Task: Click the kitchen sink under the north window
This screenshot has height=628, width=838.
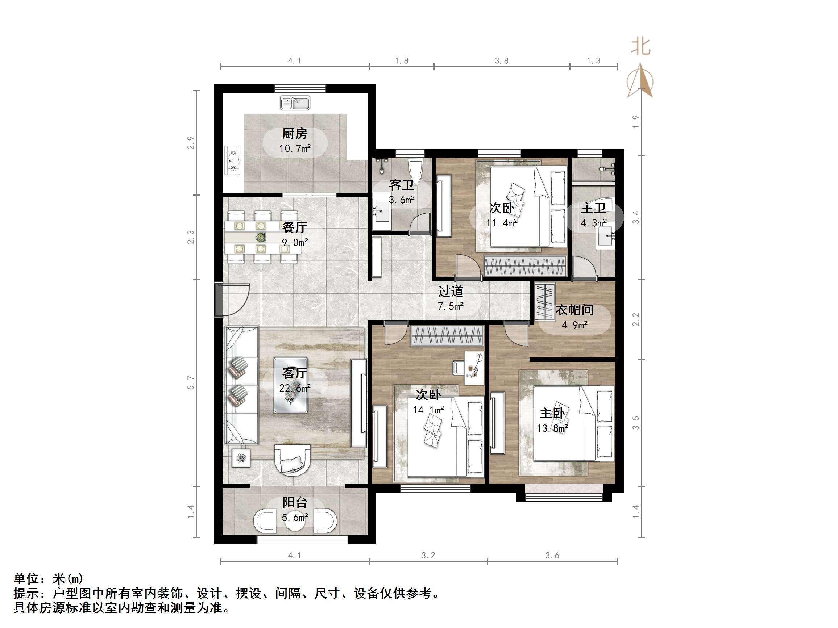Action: [295, 102]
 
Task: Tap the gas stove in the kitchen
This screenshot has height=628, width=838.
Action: [233, 160]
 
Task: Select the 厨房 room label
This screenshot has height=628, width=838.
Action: [295, 133]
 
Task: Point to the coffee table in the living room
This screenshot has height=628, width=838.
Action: [291, 385]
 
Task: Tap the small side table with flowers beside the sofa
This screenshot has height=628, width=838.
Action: [241, 458]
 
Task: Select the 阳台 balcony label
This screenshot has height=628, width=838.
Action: [295, 502]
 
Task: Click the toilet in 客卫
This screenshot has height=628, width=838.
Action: [416, 171]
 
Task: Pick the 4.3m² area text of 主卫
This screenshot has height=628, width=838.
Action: [593, 223]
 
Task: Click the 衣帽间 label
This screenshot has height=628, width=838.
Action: [574, 310]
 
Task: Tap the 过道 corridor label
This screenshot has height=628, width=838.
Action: [451, 291]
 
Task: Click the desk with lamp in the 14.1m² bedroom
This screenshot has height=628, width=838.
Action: [474, 367]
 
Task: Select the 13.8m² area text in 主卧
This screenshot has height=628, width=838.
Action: [552, 428]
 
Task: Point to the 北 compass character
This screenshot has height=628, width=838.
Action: [640, 47]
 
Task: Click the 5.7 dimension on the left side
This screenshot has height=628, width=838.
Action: [191, 383]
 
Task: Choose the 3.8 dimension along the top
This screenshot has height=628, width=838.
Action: [501, 60]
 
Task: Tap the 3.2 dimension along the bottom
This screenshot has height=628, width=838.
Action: [428, 555]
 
